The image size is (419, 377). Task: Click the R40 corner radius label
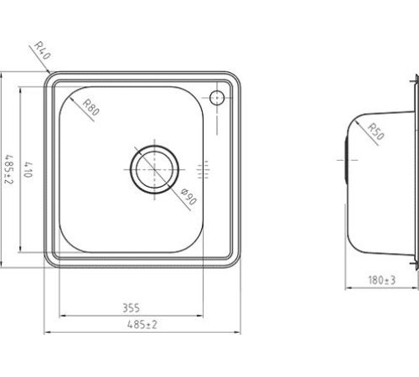pyautogui.click(x=42, y=50)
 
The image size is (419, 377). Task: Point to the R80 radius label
pyautogui.click(x=91, y=107)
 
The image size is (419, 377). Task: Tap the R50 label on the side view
pyautogui.click(x=376, y=132)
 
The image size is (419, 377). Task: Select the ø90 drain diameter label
pyautogui.click(x=189, y=196)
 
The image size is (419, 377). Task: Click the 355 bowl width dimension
pyautogui.click(x=131, y=307)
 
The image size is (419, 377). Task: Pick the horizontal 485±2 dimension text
pyautogui.click(x=142, y=324)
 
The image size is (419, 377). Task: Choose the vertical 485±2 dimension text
pyautogui.click(x=8, y=170)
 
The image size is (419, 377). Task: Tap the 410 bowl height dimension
pyautogui.click(x=28, y=170)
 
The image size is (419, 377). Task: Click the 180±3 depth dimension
pyautogui.click(x=382, y=280)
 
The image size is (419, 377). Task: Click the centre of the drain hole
pyautogui.click(x=154, y=169)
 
